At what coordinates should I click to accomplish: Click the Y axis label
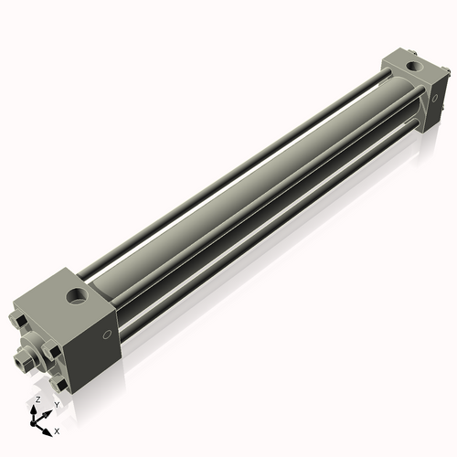(x=57, y=405)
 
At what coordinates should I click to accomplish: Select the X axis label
(x=57, y=430)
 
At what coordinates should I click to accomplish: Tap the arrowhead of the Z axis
(x=35, y=409)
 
